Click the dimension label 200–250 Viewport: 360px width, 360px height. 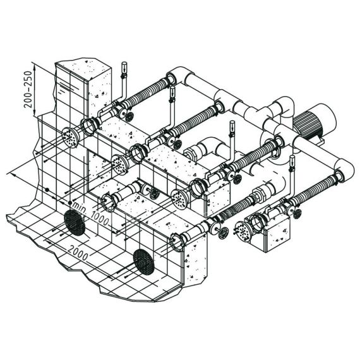pos(28,89)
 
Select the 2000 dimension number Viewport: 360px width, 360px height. pos(78,253)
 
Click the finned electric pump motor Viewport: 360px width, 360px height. pos(313,122)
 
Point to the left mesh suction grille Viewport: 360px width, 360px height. pos(75,222)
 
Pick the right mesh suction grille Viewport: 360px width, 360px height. pos(143,262)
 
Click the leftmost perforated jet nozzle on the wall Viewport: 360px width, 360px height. pos(71,137)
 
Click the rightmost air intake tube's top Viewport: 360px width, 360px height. pos(292,157)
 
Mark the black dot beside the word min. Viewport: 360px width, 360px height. pos(70,203)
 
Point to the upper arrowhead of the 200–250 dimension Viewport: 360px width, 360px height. pos(35,66)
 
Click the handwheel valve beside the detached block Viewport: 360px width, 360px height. pos(296,214)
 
